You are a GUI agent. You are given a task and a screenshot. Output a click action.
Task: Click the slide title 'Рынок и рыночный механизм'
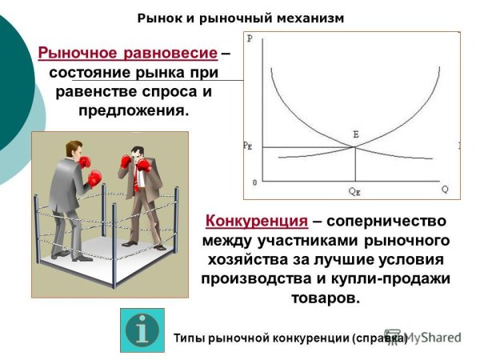click(x=240, y=17)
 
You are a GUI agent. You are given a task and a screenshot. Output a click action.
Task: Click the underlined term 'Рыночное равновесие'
click(x=127, y=54)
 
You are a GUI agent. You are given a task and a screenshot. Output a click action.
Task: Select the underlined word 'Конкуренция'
click(x=256, y=221)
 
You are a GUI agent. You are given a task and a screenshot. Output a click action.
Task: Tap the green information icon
click(x=142, y=330)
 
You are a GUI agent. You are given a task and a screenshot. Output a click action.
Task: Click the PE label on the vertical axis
click(x=248, y=146)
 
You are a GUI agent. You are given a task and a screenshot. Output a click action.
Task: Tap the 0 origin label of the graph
click(x=254, y=183)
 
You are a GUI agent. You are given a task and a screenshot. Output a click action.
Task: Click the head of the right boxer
click(x=138, y=151)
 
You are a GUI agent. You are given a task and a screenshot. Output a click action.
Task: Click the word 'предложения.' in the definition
click(x=134, y=110)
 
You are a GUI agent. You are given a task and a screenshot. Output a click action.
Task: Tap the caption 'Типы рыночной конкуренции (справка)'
click(x=290, y=338)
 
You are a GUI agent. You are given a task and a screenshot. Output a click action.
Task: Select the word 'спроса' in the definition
click(x=170, y=91)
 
